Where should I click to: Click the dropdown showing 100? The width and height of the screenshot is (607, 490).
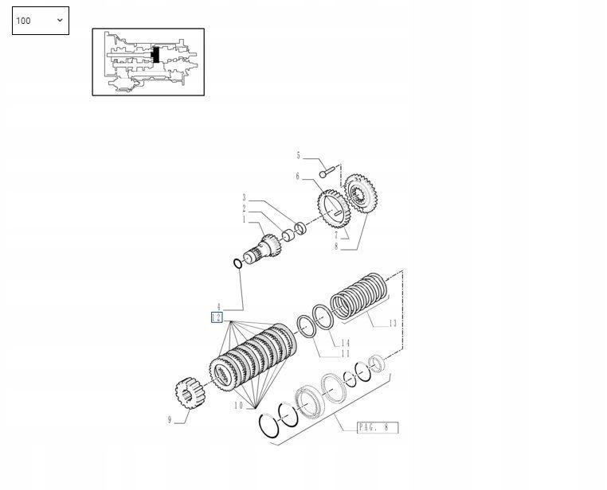click(x=41, y=21)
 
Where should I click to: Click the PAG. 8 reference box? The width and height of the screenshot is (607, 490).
click(x=378, y=427)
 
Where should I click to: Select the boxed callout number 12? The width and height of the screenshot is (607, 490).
click(x=217, y=317)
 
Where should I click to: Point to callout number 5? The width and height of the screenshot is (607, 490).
click(x=298, y=155)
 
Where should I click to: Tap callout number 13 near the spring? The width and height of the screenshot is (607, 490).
click(x=393, y=324)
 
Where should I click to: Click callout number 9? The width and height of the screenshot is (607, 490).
click(x=170, y=420)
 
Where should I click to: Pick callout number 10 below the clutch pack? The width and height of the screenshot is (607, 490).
click(x=238, y=406)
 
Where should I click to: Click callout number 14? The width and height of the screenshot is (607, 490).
click(x=345, y=343)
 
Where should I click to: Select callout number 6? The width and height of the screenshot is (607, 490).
click(x=298, y=177)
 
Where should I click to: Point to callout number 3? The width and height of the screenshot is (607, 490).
click(x=245, y=197)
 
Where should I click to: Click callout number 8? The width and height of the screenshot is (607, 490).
click(x=336, y=247)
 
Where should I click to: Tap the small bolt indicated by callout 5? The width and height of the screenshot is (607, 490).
click(x=327, y=172)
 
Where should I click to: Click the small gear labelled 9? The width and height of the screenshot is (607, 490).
click(x=190, y=393)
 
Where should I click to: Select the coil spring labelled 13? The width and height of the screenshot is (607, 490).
click(x=359, y=296)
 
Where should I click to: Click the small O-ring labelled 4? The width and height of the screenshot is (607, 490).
click(x=237, y=264)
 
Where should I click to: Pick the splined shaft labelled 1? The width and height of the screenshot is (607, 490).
click(x=262, y=248)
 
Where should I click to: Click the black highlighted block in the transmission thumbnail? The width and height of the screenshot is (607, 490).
click(x=156, y=54)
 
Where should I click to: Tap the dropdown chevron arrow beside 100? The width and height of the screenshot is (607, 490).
click(x=60, y=20)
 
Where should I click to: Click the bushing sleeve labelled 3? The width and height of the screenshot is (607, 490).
click(x=301, y=228)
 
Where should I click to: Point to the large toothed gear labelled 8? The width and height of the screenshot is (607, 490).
click(x=361, y=193)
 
